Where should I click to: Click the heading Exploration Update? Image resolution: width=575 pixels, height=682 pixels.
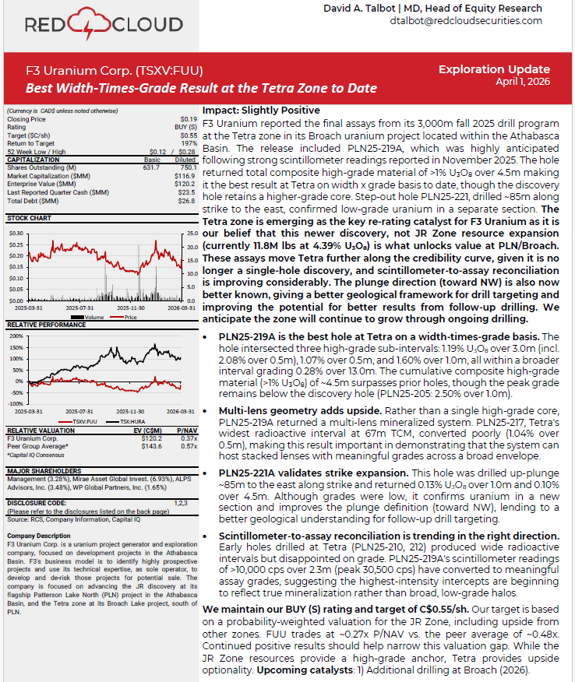494,69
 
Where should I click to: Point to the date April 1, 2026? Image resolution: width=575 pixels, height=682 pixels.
523,82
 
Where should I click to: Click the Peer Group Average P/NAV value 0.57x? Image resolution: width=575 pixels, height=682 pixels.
187,445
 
